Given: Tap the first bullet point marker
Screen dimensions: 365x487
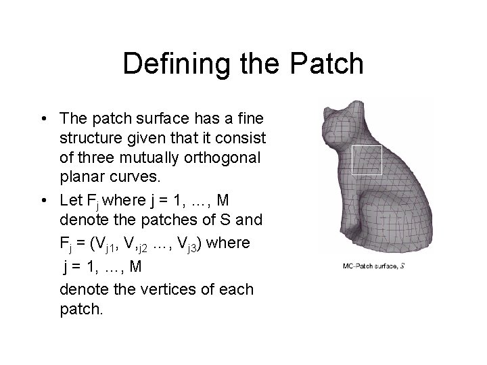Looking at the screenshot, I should (43, 119).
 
